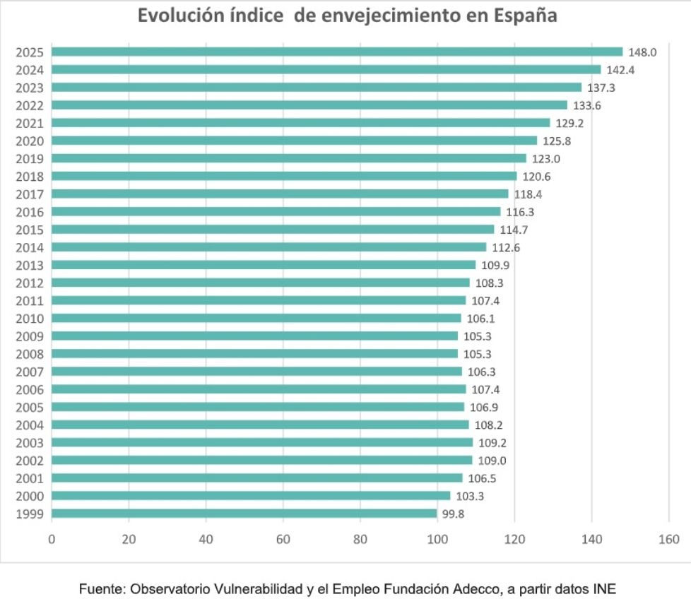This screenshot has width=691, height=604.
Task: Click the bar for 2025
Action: [337, 52]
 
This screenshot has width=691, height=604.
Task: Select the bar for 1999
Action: [244, 514]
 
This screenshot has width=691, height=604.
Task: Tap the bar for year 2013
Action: [264, 265]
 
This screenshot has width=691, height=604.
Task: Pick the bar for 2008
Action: [254, 354]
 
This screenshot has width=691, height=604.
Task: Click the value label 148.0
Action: [643, 52]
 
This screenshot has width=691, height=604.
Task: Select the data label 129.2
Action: [570, 123]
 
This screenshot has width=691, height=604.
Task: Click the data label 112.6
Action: [507, 247]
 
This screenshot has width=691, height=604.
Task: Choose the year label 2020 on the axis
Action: [30, 141]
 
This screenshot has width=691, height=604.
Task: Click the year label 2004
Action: [30, 425]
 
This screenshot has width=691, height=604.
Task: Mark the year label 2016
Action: [30, 212]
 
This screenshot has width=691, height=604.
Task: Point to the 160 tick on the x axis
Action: [668, 540]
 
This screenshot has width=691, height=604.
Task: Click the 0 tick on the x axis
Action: [52, 540]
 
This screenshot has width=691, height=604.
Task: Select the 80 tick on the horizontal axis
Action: [360, 540]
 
